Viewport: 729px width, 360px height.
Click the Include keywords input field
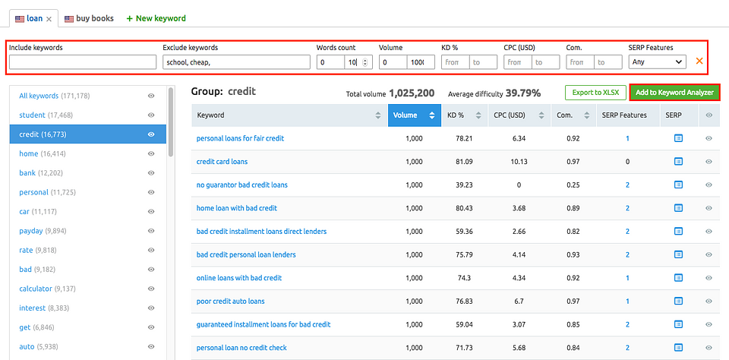[83, 62]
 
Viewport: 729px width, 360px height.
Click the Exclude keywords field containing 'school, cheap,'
[236, 62]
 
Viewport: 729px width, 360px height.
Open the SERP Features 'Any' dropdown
[657, 62]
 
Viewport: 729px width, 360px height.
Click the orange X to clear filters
[699, 62]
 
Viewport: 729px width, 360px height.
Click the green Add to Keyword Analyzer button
[674, 93]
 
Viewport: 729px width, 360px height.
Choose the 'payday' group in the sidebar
[32, 231]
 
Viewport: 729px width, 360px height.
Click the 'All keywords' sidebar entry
[39, 96]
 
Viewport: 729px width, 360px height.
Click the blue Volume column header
[413, 115]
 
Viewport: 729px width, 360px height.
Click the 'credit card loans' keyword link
[222, 162]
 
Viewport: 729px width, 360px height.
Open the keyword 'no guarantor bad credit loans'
[241, 185]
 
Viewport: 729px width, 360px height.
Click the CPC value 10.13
[519, 162]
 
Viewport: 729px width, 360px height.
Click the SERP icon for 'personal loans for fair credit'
[678, 138]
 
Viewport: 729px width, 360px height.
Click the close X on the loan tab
[49, 18]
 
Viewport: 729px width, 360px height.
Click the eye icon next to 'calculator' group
[151, 289]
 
